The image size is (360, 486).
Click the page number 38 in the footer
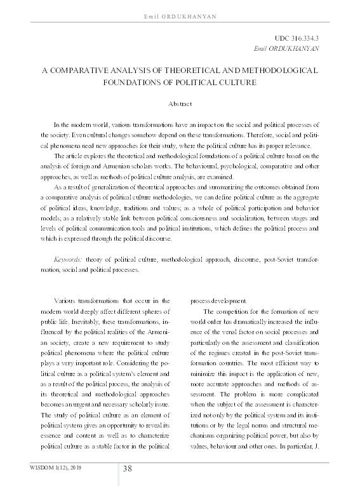127,469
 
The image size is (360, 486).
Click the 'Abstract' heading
180,102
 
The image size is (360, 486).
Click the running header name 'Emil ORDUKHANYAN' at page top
180,14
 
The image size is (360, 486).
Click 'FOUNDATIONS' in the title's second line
132,81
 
